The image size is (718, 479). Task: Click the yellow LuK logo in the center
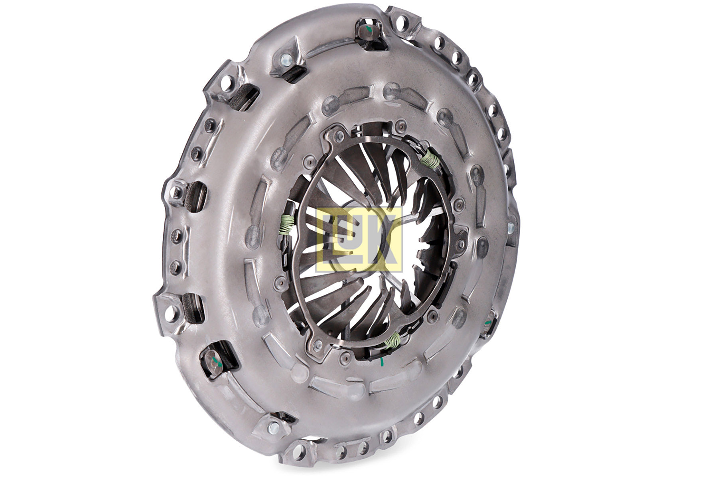(359, 239)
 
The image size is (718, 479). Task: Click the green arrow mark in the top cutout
(369, 30)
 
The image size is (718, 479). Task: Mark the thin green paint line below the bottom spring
(382, 362)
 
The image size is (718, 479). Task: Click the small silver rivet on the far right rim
(511, 228)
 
